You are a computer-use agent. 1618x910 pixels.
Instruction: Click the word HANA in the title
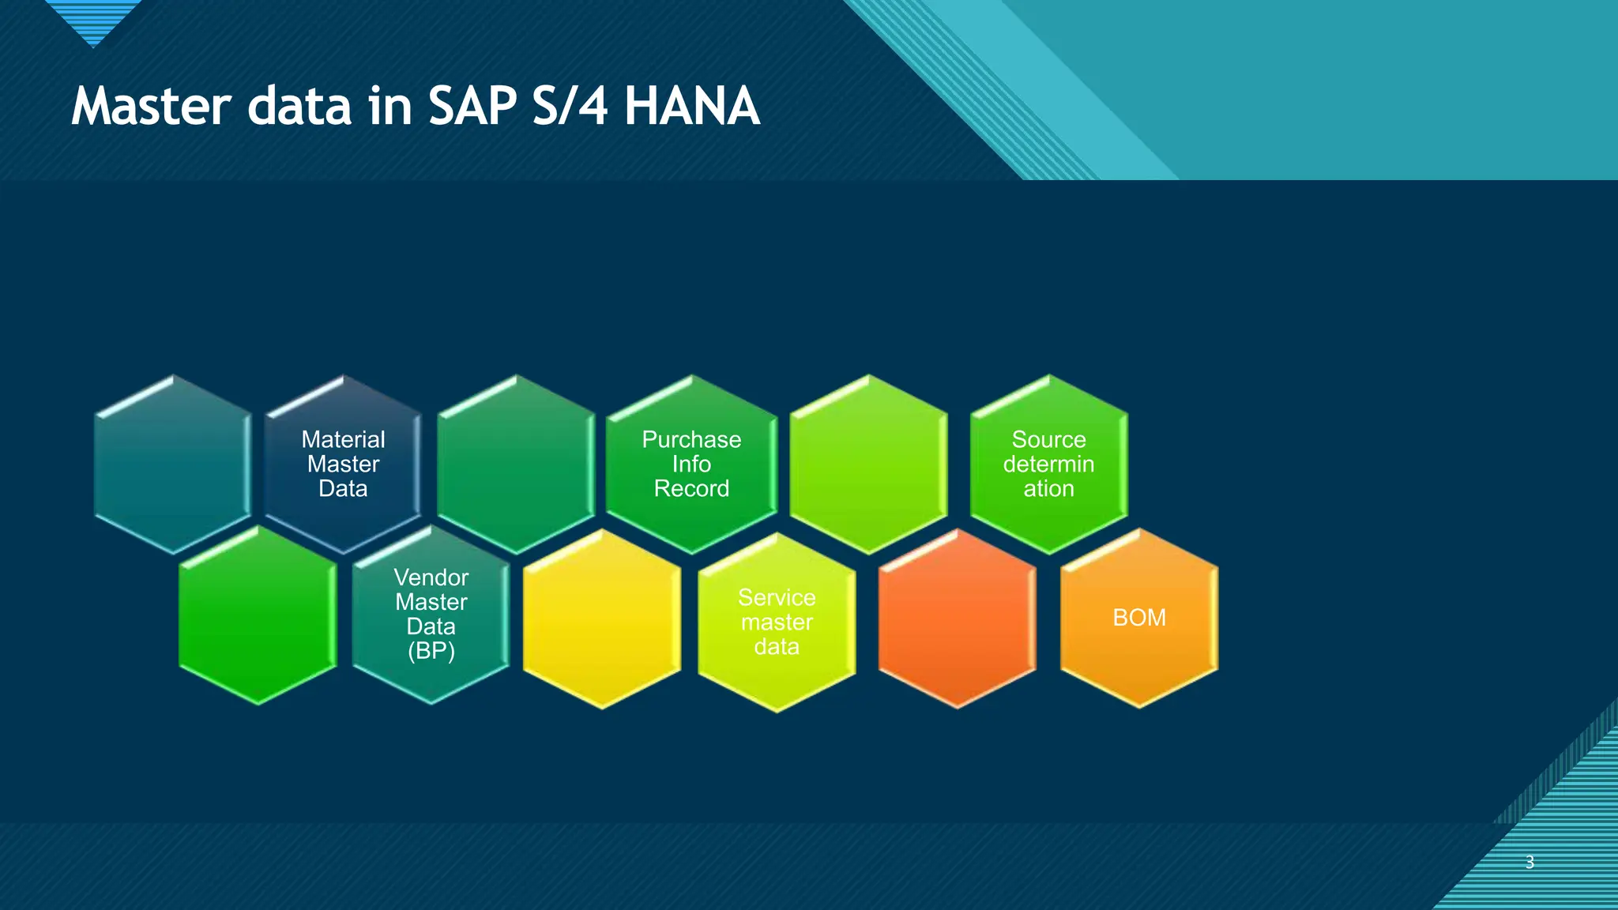pos(691,107)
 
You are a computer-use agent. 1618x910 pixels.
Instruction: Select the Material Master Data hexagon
pos(343,464)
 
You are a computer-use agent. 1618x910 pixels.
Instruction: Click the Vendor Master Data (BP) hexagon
pos(431,614)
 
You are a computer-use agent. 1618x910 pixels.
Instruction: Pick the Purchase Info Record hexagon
pos(691,464)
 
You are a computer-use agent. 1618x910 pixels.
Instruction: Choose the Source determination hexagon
pos(1048,464)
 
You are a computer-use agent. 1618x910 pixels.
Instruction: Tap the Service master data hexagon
pos(777,622)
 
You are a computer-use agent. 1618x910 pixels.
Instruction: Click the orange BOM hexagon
pos(1138,618)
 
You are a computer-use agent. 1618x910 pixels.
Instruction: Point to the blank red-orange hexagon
pos(957,619)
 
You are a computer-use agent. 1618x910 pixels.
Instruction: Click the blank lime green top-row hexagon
pos(868,464)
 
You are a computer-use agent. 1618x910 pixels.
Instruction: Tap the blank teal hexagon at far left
pos(173,464)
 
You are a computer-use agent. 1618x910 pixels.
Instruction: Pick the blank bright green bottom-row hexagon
pos(258,615)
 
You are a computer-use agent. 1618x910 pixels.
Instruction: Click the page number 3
pos(1530,862)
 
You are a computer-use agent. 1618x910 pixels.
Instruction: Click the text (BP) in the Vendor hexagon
pos(431,651)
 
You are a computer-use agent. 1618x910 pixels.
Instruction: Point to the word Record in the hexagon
pos(691,489)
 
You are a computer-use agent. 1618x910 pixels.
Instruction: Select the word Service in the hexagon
pos(777,597)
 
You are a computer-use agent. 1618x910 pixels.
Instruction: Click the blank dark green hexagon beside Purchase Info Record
pos(516,464)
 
